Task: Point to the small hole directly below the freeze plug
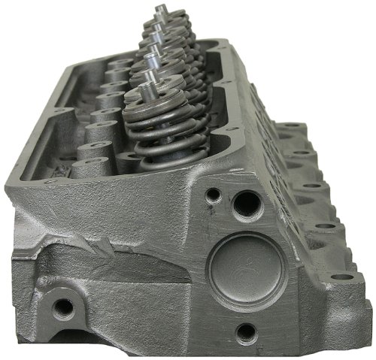[244, 331]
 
